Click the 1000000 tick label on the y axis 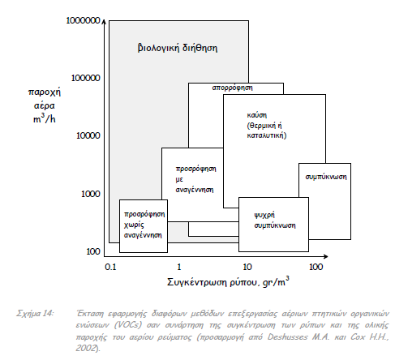[83, 20]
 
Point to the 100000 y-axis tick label [85, 78]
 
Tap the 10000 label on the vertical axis [88, 135]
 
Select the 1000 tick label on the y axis [91, 194]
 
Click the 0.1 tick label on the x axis [110, 267]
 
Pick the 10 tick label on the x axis [247, 267]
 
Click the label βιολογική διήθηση [178, 48]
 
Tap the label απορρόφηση [232, 88]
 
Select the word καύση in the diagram [257, 115]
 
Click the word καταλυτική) [267, 135]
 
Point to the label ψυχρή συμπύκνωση [275, 221]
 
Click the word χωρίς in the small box [134, 225]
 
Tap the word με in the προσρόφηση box [179, 179]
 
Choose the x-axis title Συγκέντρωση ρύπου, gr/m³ [228, 282]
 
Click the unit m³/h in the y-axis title [45, 119]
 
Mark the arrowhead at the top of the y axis [105, 22]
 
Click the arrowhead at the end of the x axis [326, 256]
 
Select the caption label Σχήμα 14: [35, 314]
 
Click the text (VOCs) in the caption [127, 325]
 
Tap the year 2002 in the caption [86, 349]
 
